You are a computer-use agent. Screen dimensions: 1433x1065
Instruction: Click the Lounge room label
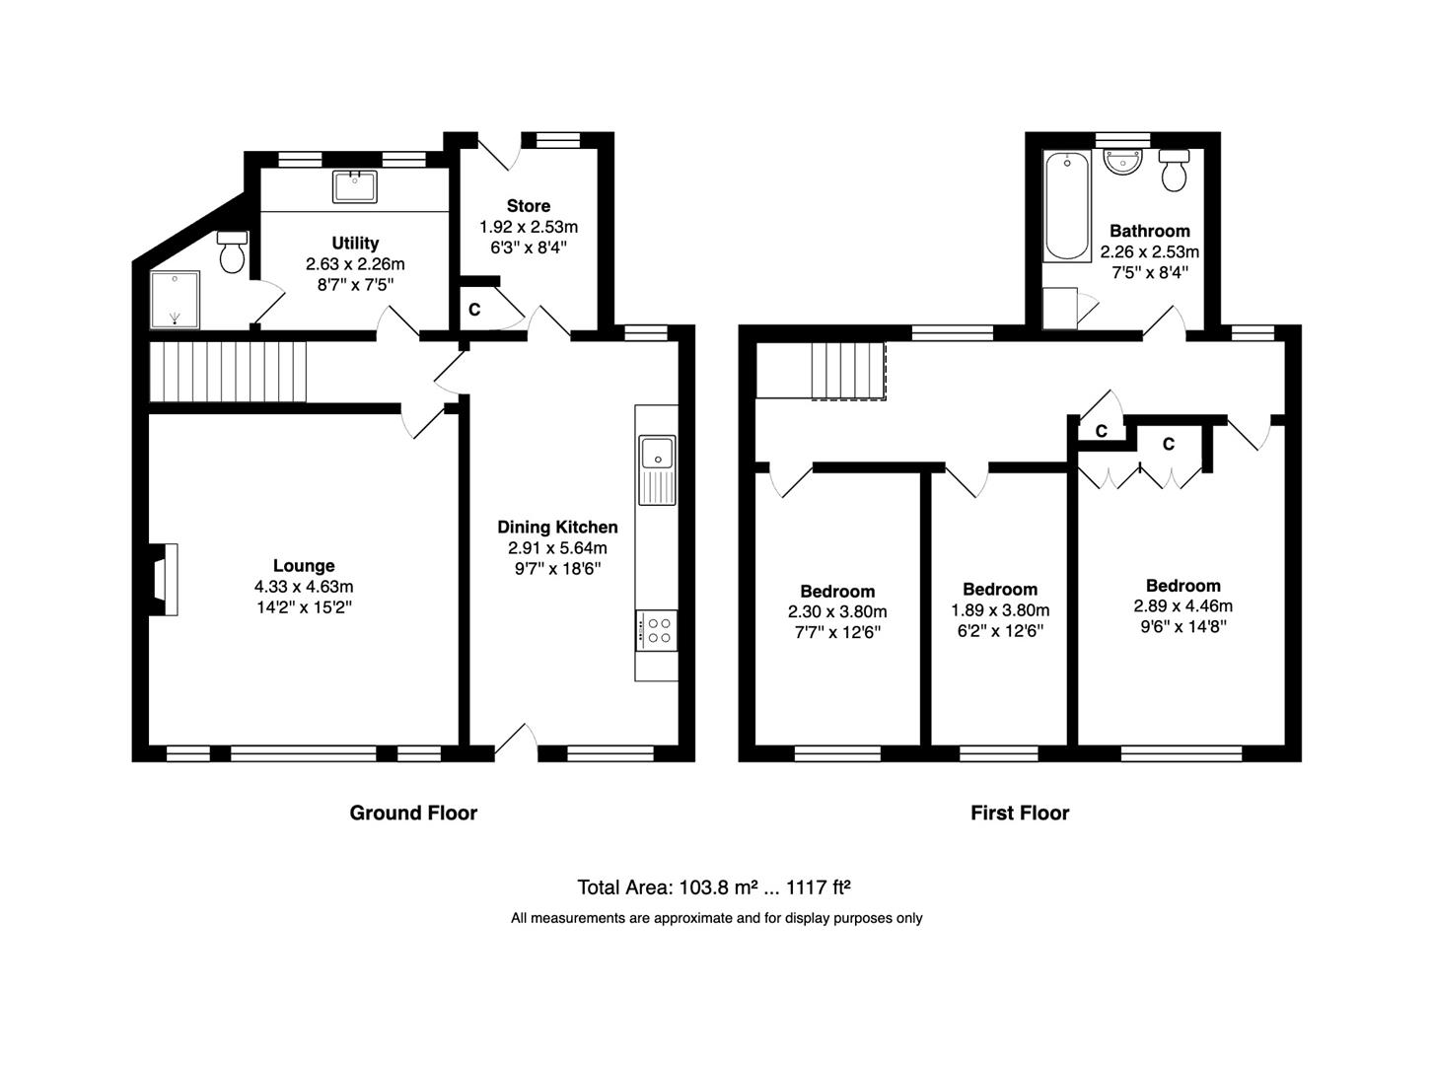tap(304, 565)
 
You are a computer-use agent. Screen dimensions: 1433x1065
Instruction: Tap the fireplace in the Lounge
tap(164, 579)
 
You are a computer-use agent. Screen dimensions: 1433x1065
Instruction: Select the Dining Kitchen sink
tap(657, 469)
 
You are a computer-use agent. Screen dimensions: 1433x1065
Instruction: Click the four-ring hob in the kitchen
tap(657, 630)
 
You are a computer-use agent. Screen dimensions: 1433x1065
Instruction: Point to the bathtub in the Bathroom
tap(1067, 205)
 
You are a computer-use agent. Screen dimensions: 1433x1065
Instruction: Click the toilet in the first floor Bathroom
tap(1174, 170)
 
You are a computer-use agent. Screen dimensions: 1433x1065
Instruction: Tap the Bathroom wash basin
tap(1123, 162)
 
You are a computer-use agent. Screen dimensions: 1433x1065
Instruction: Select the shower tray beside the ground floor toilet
tap(175, 300)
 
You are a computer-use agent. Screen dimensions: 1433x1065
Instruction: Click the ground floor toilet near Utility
tap(232, 252)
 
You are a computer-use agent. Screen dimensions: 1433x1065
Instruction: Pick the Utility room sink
tap(355, 186)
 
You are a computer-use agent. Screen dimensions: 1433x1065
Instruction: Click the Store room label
tap(529, 205)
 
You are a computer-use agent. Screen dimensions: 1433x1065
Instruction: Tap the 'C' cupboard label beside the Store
tap(474, 310)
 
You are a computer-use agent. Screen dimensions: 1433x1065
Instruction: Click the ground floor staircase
tap(228, 372)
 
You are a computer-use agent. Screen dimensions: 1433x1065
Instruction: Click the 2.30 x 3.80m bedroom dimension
tap(837, 611)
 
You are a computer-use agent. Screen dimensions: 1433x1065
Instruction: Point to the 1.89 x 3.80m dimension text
tap(1000, 610)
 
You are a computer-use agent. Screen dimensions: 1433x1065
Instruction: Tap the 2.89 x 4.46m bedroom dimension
tap(1182, 606)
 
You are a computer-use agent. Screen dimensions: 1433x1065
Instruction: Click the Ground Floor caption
tap(413, 813)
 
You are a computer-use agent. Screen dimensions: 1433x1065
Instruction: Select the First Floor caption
tap(1020, 813)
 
